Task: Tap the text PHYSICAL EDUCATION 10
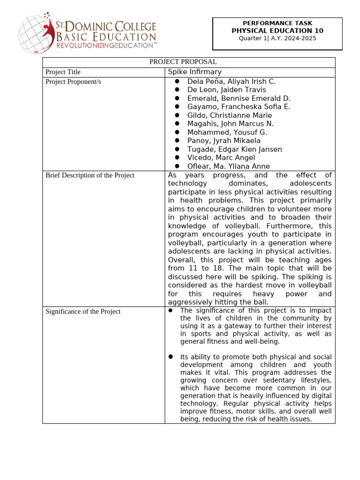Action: pyautogui.click(x=277, y=30)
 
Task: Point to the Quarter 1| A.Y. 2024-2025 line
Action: pyautogui.click(x=277, y=38)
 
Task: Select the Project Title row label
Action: pyautogui.click(x=63, y=72)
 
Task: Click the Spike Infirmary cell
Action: pyautogui.click(x=195, y=72)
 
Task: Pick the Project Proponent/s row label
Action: pyautogui.click(x=73, y=82)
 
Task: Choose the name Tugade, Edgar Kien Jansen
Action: pyautogui.click(x=234, y=150)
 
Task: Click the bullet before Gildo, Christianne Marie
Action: pyautogui.click(x=177, y=115)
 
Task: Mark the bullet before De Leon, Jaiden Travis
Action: pyautogui.click(x=177, y=90)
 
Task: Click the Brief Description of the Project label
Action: pyautogui.click(x=90, y=175)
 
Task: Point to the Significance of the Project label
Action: pyautogui.click(x=83, y=311)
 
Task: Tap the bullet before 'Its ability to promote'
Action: pyautogui.click(x=171, y=357)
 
